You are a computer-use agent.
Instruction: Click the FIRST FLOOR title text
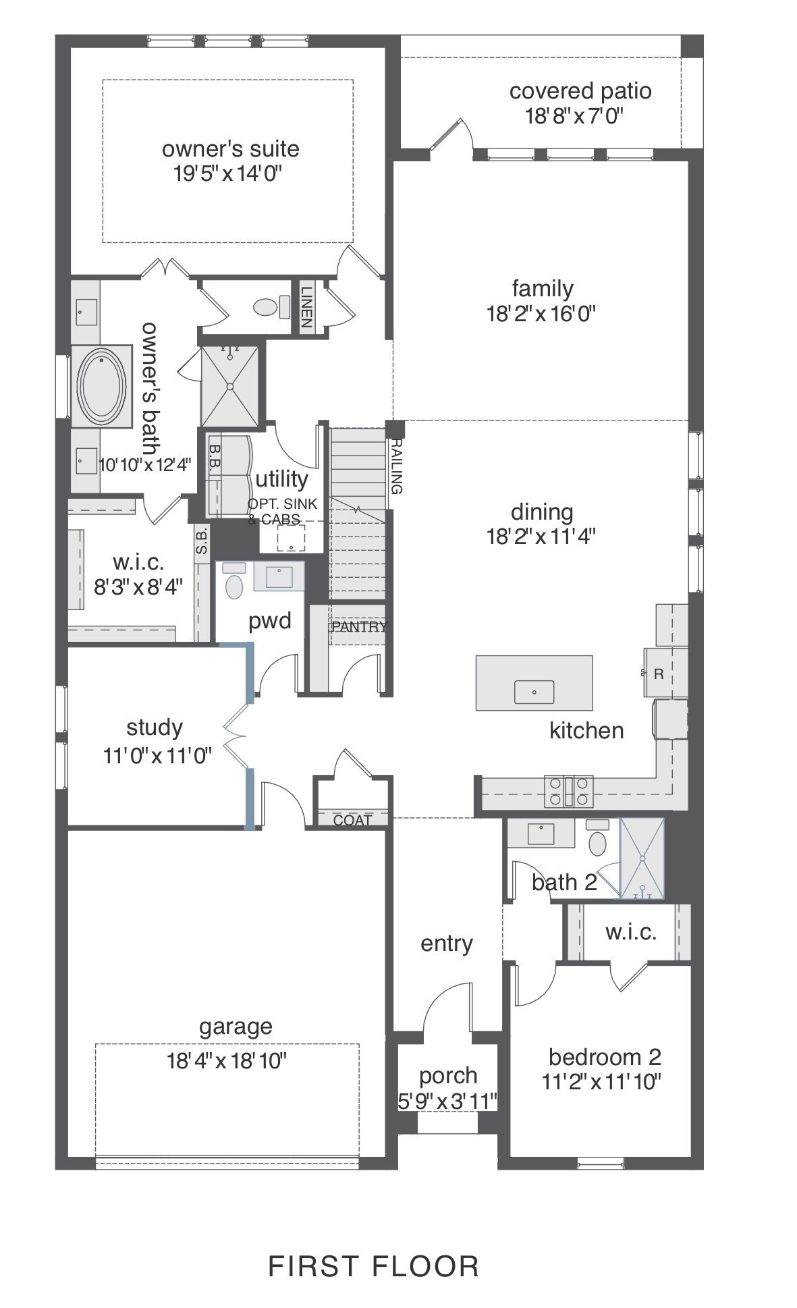coord(373,1267)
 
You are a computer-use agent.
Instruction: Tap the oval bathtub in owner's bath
coord(102,386)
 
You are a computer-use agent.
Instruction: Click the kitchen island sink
coord(534,692)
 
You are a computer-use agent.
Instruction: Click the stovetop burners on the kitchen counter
coord(569,791)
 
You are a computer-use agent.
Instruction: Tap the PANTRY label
coord(359,626)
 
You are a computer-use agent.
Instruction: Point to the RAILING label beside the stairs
coord(396,466)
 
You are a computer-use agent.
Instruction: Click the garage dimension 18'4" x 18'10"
coord(227,1062)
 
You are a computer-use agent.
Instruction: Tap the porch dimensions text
coord(447,1101)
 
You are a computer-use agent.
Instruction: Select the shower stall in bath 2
coord(642,858)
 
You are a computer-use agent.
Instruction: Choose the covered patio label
coord(580,91)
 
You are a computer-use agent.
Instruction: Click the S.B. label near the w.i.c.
coord(202,540)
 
